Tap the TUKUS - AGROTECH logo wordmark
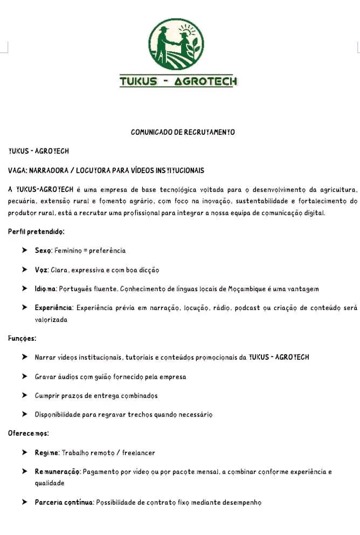pyautogui.click(x=178, y=81)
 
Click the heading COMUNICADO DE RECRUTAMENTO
pyautogui.click(x=183, y=132)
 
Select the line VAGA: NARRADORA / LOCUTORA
pyautogui.click(x=106, y=170)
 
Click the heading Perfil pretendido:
pyautogui.click(x=36, y=231)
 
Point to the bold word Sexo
pyautogui.click(x=43, y=251)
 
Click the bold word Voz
pyautogui.click(x=41, y=270)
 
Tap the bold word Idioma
pyautogui.click(x=45, y=289)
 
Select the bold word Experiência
pyautogui.click(x=54, y=308)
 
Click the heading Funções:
pyautogui.click(x=22, y=338)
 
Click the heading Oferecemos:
pyautogui.click(x=29, y=433)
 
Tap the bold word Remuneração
pyautogui.click(x=58, y=472)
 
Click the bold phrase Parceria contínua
pyautogui.click(x=64, y=502)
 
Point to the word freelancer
pyautogui.click(x=139, y=452)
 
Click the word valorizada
pyautogui.click(x=51, y=319)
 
